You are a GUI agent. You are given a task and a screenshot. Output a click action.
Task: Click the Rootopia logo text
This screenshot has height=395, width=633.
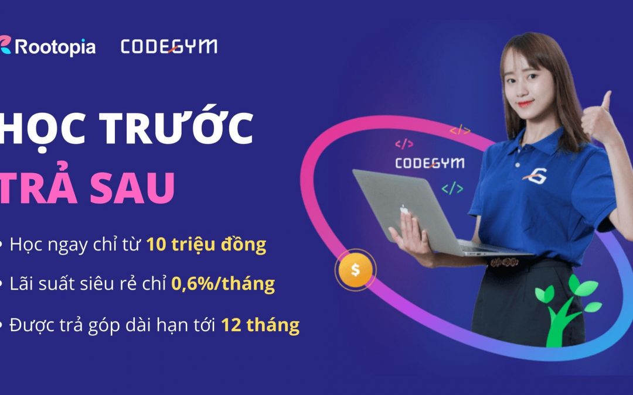(x=55, y=47)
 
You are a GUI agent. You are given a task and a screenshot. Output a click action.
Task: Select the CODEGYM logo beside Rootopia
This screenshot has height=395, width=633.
(x=169, y=47)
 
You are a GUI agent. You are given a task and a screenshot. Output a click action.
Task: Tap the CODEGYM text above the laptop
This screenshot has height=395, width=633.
(x=430, y=163)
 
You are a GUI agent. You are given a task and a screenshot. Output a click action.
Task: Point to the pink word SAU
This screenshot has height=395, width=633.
(x=132, y=188)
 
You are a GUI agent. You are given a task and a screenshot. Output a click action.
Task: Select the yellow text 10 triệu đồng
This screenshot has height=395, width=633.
(x=206, y=244)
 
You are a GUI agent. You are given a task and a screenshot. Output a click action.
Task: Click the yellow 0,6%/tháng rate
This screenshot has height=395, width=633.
(x=223, y=284)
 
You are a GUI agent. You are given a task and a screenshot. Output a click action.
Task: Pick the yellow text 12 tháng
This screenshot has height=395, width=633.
(x=260, y=325)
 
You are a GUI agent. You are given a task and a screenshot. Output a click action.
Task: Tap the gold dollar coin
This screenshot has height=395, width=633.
(x=355, y=270)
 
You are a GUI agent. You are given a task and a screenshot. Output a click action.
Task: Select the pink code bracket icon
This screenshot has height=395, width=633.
(x=404, y=143)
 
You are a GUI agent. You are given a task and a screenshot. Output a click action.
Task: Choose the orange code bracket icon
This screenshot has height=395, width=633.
(x=460, y=130)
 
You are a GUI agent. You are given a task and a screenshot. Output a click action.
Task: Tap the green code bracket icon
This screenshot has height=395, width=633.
(x=452, y=188)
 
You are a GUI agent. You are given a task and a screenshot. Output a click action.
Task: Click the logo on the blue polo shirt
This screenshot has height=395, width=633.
(x=535, y=176)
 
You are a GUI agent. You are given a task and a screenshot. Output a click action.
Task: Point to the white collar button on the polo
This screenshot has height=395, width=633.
(x=518, y=165)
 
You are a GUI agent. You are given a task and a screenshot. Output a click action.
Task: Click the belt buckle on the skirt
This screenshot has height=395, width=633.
(x=504, y=262)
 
